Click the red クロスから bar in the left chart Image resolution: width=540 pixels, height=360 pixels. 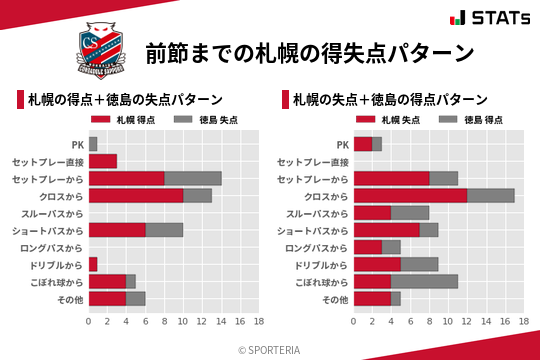coord(136,195)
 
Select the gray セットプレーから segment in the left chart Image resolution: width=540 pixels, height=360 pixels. coord(192,178)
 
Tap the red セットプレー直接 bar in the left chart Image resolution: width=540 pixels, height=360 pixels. coord(103,161)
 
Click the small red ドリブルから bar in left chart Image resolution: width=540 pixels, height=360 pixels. coord(93,264)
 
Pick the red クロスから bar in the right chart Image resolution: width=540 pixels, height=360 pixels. coord(410,195)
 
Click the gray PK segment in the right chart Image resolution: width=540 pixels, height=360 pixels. coord(377,144)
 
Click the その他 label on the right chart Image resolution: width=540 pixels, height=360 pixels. coord(335,299)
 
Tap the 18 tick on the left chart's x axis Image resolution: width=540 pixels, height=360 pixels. coord(258,322)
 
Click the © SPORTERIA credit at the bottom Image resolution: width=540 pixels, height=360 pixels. coord(270,349)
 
